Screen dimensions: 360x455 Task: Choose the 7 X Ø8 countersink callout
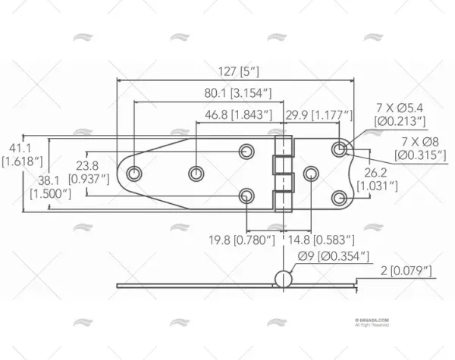[x=419, y=149]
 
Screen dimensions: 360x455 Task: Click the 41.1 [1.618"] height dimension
[x=16, y=155]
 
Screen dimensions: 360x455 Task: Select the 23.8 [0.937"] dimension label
[x=87, y=172]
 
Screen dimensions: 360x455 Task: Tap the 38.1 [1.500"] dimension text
[x=50, y=187]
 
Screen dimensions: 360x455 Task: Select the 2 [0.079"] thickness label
[x=405, y=271]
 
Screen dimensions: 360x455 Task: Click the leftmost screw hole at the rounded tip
[x=134, y=174]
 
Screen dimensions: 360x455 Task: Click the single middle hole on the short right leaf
[x=310, y=174]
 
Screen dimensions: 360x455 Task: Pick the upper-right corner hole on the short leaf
[x=339, y=149]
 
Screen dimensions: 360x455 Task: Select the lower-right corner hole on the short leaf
[x=339, y=199]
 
